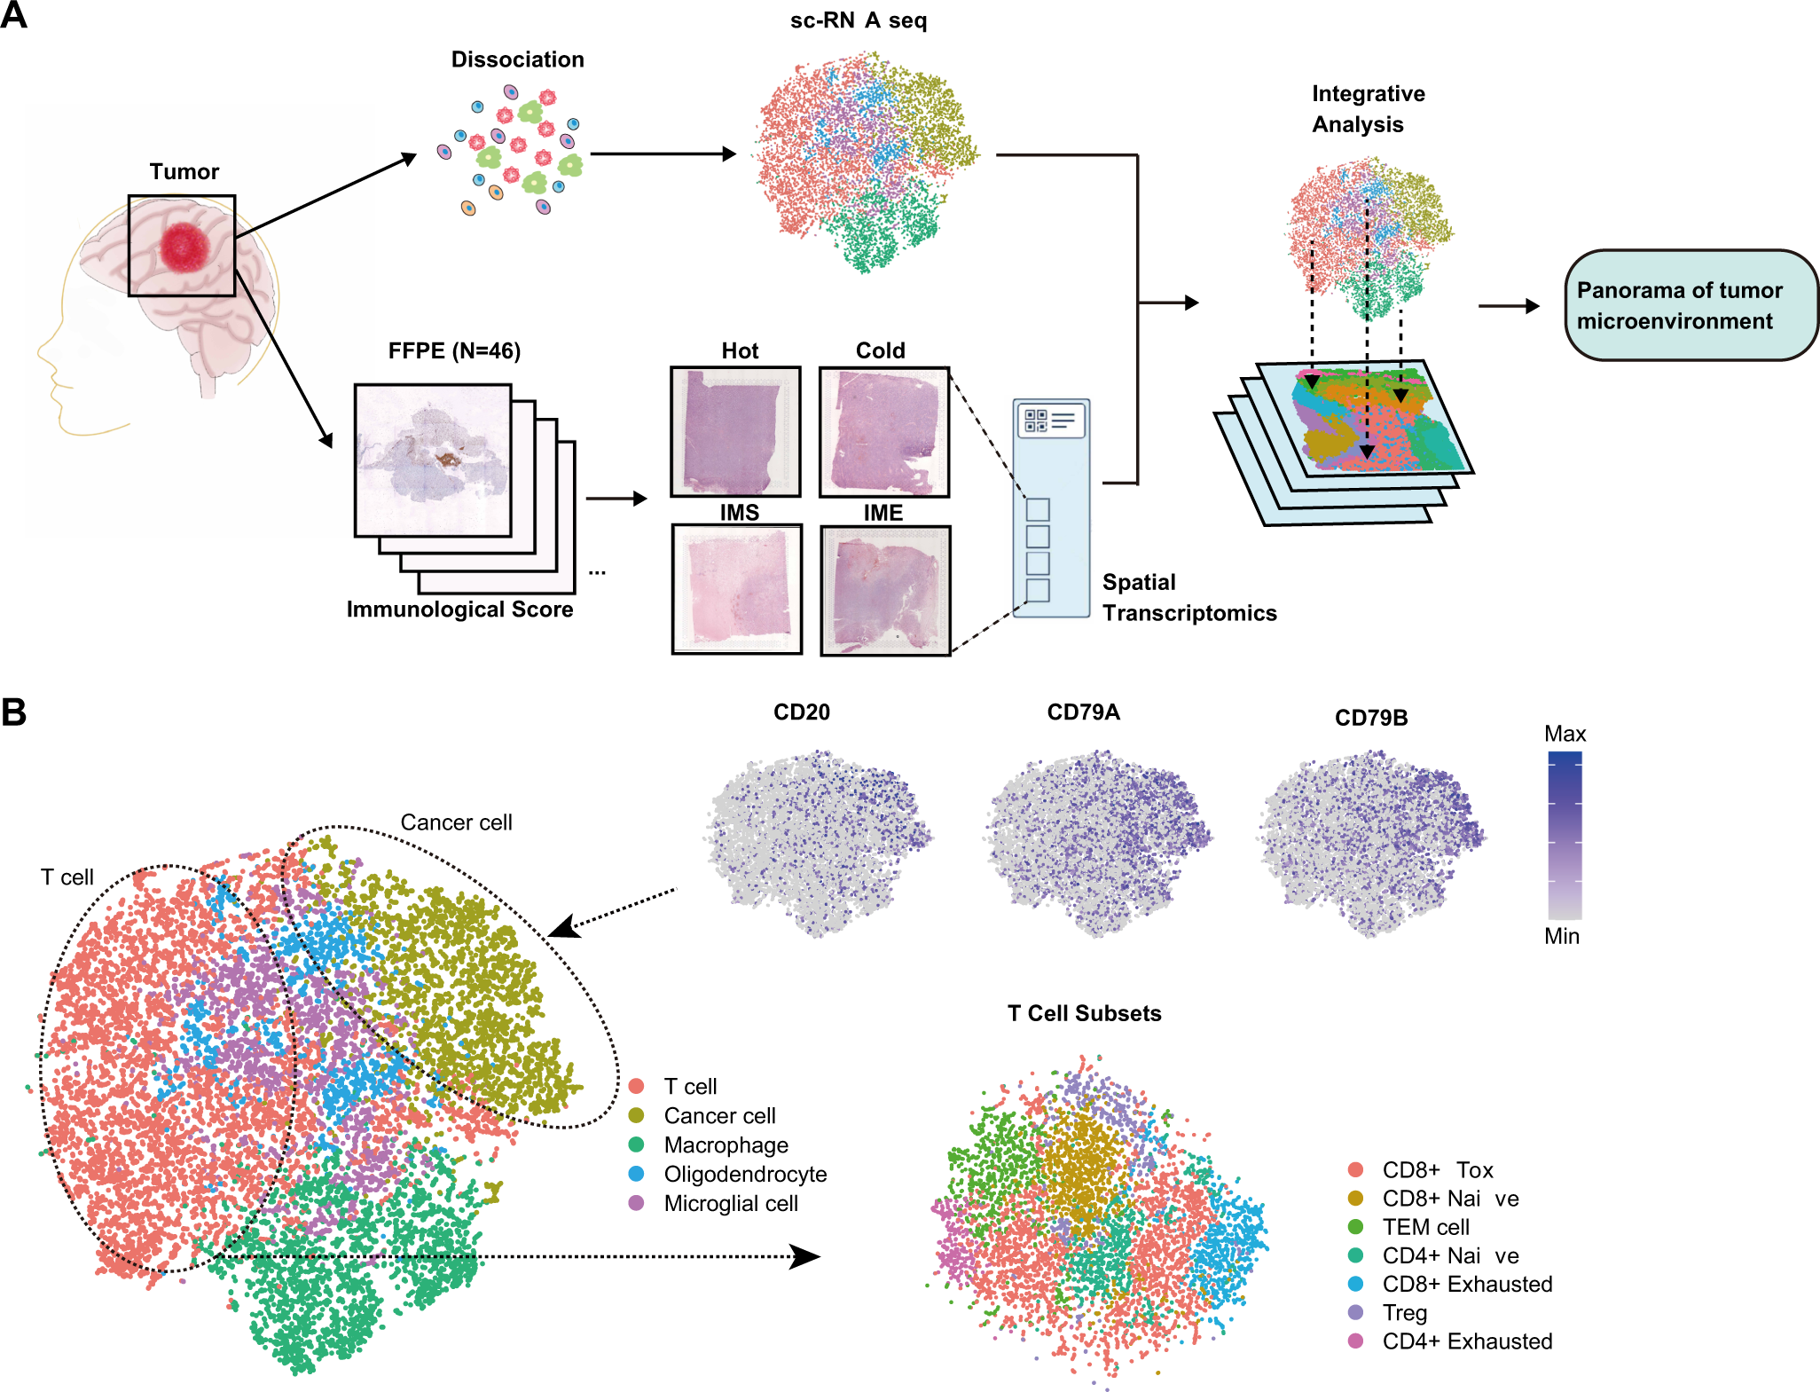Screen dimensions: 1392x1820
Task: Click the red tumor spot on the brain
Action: pyautogui.click(x=184, y=247)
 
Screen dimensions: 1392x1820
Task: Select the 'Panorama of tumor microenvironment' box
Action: pyautogui.click(x=1691, y=306)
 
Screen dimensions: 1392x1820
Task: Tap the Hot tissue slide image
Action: pyautogui.click(x=735, y=431)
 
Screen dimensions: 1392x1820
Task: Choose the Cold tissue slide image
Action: pyautogui.click(x=884, y=432)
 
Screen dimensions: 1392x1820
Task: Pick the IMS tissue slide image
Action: pyautogui.click(x=737, y=589)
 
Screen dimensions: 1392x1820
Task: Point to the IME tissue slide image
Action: pyautogui.click(x=885, y=590)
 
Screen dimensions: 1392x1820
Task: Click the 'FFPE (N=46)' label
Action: pyautogui.click(x=454, y=351)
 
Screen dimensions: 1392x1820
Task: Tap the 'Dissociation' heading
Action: pyautogui.click(x=518, y=59)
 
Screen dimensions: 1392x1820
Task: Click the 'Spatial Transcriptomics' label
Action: pyautogui.click(x=1188, y=598)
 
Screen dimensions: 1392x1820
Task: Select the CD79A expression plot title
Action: pyautogui.click(x=1083, y=712)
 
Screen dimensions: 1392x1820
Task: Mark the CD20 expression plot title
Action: pyautogui.click(x=802, y=712)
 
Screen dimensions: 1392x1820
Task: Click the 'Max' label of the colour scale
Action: pyautogui.click(x=1565, y=734)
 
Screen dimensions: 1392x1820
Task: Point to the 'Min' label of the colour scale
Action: pyautogui.click(x=1562, y=936)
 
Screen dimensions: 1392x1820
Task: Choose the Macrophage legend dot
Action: pyautogui.click(x=636, y=1144)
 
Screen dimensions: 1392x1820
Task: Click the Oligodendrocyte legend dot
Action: pyautogui.click(x=636, y=1174)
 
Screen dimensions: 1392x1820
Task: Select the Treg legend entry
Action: pyautogui.click(x=1404, y=1312)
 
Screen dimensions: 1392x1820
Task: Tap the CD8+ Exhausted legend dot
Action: pyautogui.click(x=1355, y=1284)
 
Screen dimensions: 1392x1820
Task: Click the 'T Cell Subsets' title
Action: pyautogui.click(x=1084, y=1013)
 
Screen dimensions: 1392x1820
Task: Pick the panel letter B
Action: pyautogui.click(x=14, y=712)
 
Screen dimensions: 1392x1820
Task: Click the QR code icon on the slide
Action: pyautogui.click(x=1036, y=421)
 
